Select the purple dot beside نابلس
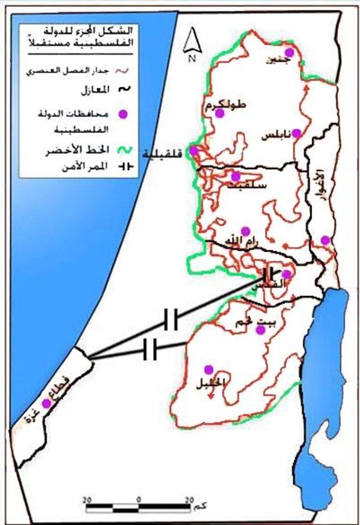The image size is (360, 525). tap(296, 134)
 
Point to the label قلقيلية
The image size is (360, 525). tap(166, 153)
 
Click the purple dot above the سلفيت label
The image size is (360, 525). tap(236, 176)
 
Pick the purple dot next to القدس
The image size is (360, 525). tap(286, 274)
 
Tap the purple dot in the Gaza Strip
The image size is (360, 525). tap(46, 403)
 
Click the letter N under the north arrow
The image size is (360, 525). tap(191, 58)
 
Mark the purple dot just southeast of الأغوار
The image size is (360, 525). tap(325, 240)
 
